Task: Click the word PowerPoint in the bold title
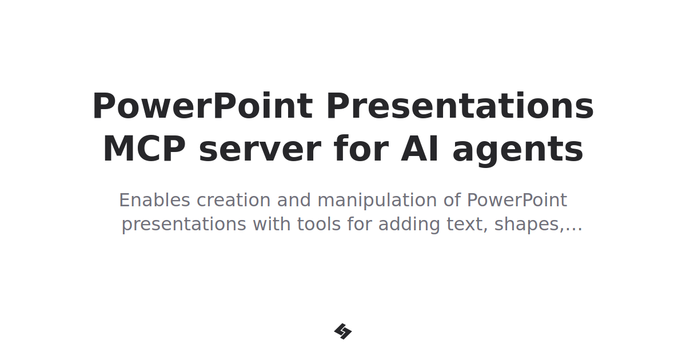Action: pos(202,107)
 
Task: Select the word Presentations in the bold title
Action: pos(460,107)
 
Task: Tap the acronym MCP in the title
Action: pos(144,150)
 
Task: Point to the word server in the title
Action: pos(260,150)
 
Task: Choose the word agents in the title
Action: pos(518,150)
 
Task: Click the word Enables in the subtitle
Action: pos(154,201)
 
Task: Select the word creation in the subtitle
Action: pos(234,201)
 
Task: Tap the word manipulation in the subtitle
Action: pos(374,201)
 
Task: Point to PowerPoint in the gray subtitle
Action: pos(517,201)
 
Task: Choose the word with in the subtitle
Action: pos(271,225)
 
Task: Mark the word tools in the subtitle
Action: pos(318,225)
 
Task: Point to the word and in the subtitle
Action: pos(294,201)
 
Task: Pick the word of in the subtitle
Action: pos(452,201)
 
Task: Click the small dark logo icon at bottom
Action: pos(343,331)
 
